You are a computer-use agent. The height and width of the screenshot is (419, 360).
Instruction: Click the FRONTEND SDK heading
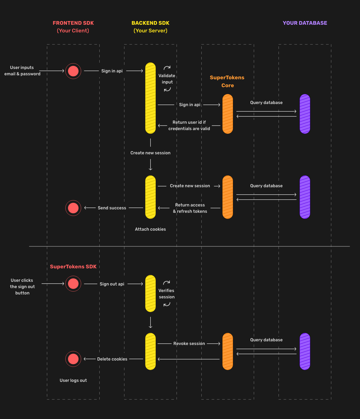(x=73, y=23)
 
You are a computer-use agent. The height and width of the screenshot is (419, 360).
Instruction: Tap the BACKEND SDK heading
(x=150, y=23)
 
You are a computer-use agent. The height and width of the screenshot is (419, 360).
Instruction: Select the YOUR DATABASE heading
(x=305, y=23)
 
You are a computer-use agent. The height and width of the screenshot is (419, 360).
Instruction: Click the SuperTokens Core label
(x=227, y=81)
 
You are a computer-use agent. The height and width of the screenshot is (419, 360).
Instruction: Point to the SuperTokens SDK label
(x=73, y=267)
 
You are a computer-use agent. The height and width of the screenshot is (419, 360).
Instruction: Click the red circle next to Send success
(x=73, y=208)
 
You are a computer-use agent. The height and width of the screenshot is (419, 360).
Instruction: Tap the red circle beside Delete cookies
(x=73, y=359)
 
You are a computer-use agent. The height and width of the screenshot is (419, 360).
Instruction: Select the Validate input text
(x=167, y=79)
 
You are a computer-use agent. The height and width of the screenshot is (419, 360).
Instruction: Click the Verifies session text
(x=167, y=294)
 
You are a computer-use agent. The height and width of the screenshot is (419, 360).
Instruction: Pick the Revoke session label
(x=189, y=344)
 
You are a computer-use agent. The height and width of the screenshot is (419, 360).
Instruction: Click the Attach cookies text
(x=150, y=229)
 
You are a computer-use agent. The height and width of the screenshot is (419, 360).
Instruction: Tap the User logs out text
(x=73, y=381)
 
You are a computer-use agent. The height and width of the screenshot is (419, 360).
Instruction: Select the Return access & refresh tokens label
(x=190, y=208)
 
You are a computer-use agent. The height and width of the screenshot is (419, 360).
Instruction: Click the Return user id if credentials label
(x=189, y=126)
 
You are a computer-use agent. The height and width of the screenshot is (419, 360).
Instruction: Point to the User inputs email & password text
(x=22, y=71)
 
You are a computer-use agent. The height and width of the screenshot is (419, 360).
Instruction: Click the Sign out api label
(x=112, y=284)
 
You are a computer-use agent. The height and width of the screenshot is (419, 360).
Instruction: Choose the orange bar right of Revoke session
(x=228, y=351)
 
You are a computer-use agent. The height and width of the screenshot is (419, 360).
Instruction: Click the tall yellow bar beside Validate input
(x=150, y=98)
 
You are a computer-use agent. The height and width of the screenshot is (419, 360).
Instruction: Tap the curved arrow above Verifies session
(x=167, y=283)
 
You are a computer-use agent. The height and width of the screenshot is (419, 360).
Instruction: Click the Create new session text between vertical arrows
(x=150, y=153)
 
